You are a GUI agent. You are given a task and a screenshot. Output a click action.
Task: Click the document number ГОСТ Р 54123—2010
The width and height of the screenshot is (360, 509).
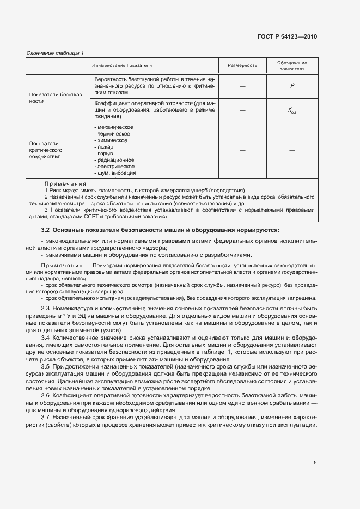pyautogui.click(x=287, y=37)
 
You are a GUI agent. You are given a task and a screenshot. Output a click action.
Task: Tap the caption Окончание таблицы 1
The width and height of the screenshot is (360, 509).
pyautogui.click(x=55, y=53)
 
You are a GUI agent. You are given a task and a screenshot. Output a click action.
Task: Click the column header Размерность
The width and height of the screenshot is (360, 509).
pyautogui.click(x=242, y=65)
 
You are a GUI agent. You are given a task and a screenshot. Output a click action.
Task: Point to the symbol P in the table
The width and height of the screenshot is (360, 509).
pyautogui.click(x=292, y=86)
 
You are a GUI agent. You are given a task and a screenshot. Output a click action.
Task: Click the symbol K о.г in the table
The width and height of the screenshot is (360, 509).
pyautogui.click(x=292, y=110)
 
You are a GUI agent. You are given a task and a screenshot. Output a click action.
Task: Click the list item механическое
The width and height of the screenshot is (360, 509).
pyautogui.click(x=114, y=127)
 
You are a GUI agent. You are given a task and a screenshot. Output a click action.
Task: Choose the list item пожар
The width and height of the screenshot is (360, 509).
pyautogui.click(x=104, y=147)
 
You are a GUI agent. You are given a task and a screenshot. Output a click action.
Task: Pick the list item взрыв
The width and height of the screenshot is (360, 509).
pyautogui.click(x=104, y=154)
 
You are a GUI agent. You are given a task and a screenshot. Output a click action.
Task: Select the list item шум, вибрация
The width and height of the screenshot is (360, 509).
pyautogui.click(x=115, y=173)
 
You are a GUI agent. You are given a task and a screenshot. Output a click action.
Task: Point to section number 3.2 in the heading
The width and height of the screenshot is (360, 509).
pyautogui.click(x=46, y=230)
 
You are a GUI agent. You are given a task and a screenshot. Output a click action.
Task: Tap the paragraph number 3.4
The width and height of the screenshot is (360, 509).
pyautogui.click(x=46, y=338)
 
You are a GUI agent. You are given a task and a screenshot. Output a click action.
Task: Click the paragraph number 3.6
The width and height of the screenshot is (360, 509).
pyautogui.click(x=46, y=394)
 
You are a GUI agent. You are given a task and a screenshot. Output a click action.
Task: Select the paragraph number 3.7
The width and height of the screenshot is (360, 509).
pyautogui.click(x=46, y=416)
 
